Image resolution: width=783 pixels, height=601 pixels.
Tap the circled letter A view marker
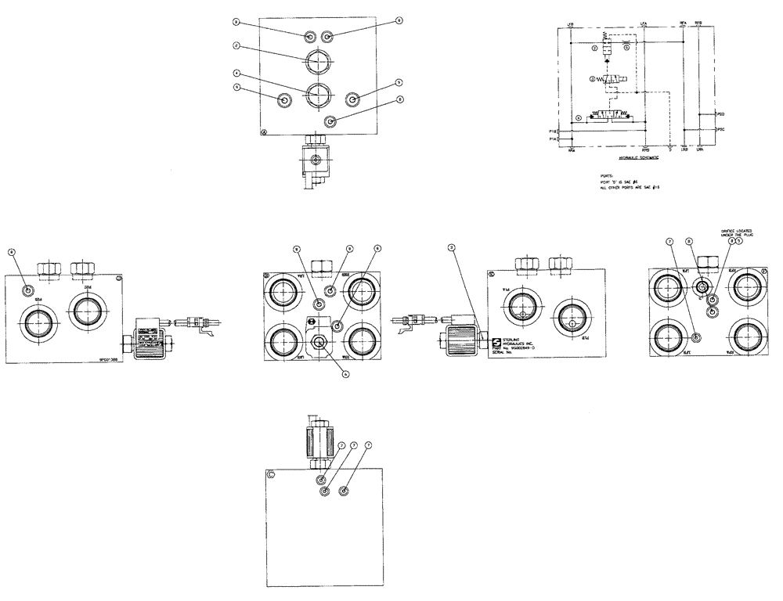click(265, 132)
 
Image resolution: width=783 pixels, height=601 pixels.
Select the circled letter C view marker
click(271, 474)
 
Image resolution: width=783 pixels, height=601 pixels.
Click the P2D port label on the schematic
click(721, 113)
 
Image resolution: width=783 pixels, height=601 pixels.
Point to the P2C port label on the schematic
click(721, 129)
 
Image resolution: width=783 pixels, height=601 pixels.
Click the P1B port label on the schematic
click(552, 131)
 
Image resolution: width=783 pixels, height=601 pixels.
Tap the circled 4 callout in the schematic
click(578, 118)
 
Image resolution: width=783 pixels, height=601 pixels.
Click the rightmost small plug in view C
click(345, 491)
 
